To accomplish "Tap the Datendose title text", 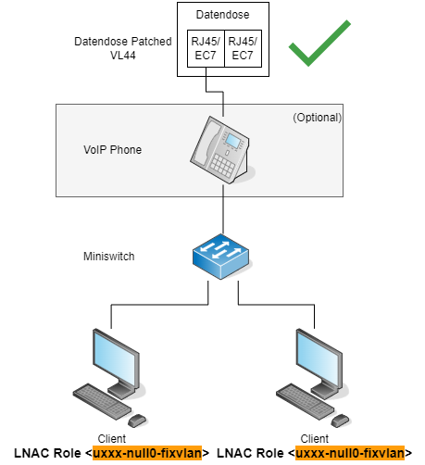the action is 223,15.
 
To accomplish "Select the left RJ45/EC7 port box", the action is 206,48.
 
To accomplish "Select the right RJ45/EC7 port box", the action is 243,48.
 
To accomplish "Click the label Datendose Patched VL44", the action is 123,48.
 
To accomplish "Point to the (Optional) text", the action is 318,118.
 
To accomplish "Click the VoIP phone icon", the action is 222,150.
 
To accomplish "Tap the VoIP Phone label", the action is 113,150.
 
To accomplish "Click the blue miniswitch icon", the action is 221,257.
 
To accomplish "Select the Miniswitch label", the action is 109,257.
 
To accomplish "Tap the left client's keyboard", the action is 102,401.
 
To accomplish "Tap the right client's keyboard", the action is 305,401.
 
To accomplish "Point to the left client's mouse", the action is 137,421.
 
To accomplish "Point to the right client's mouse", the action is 341,421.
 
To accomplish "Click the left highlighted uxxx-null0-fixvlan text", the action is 147,453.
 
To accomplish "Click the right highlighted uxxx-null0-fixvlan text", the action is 350,453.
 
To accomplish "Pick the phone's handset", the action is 206,143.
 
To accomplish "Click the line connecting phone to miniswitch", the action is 223,209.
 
